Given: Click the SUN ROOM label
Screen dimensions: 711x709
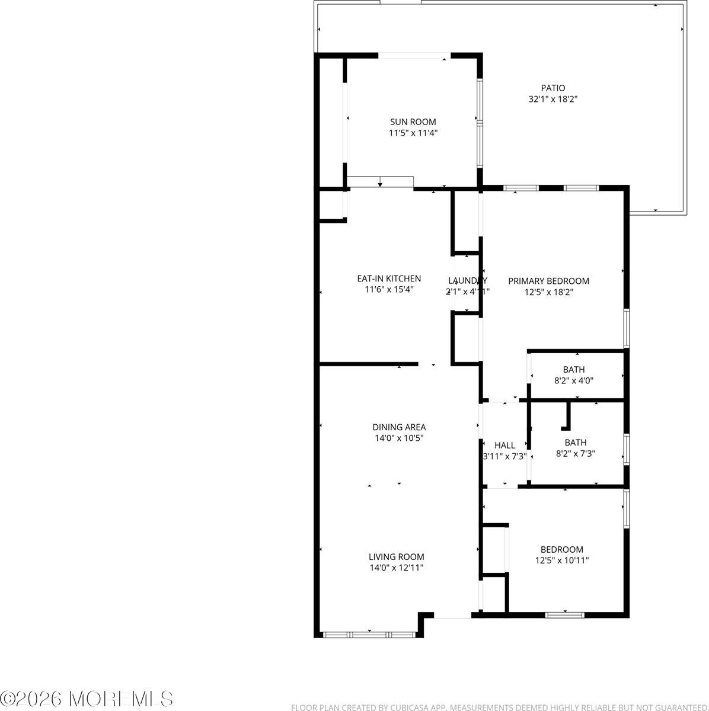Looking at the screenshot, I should pos(413,122).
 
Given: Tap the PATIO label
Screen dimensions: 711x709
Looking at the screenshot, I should pos(552,88).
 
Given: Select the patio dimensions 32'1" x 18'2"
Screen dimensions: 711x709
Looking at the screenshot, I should pos(552,100).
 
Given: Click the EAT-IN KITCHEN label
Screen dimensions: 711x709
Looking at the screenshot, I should pos(389,278).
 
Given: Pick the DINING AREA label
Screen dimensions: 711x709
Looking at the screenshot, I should pos(399,427).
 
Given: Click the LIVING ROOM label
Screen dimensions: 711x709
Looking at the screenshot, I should pos(396,556).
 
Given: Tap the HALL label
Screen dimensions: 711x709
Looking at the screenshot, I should pos(504,445).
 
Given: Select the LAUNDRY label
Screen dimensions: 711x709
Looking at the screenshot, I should pos(467,280).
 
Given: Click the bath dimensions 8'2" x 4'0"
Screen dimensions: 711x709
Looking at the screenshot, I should pos(573,381).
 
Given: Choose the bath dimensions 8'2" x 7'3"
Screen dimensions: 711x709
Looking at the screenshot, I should pos(575,454).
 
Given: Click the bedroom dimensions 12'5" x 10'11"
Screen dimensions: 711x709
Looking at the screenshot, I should pos(561,560).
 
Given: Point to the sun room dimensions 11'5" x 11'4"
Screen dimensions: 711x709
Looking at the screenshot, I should pos(413,133).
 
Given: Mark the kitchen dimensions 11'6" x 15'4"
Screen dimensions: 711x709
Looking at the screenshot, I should pos(389,290).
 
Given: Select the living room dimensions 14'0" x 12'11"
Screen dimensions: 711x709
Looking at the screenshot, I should pos(396,568).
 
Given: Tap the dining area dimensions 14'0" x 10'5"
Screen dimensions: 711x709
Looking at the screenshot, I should pos(399,438).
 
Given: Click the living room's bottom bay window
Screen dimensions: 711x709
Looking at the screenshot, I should pos(369,635).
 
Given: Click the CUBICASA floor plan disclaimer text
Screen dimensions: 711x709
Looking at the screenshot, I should pos(499,707).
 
